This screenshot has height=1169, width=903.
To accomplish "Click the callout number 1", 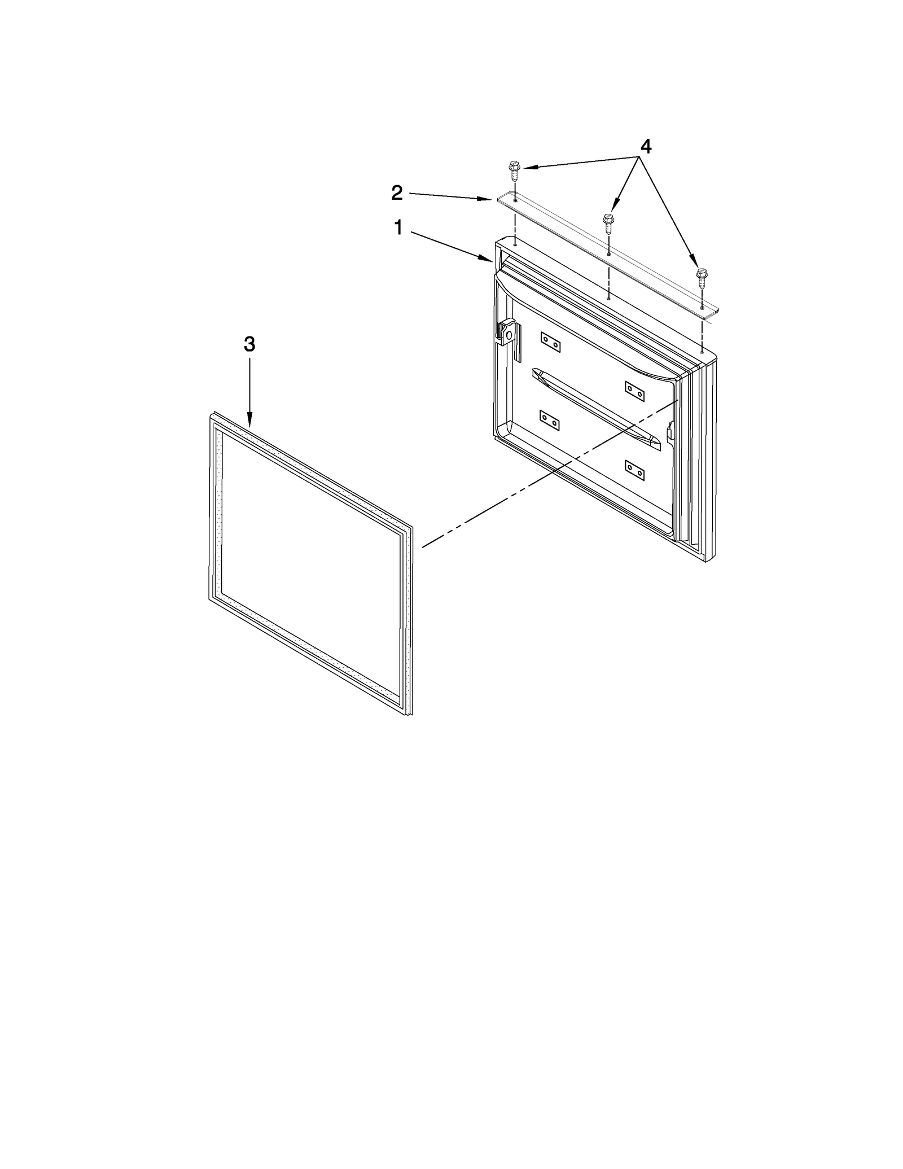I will (x=398, y=228).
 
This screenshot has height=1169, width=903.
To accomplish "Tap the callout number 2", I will (x=397, y=193).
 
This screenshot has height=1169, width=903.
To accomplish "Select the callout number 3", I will (x=249, y=344).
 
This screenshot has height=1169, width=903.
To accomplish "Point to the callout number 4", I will (x=645, y=147).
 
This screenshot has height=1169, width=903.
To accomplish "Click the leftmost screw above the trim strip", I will (x=514, y=169).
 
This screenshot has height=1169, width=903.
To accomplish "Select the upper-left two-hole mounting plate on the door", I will (x=550, y=342).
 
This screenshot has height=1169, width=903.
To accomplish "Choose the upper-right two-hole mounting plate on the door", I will (x=634, y=391).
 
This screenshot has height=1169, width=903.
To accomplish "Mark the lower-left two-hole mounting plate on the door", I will (x=550, y=420).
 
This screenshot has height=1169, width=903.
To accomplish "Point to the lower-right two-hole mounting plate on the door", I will (x=634, y=470).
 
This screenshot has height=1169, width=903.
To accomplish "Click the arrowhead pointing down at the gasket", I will (x=249, y=421).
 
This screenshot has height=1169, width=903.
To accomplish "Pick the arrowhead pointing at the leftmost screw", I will (x=525, y=167).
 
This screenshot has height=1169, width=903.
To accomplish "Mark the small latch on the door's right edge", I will (x=670, y=432).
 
